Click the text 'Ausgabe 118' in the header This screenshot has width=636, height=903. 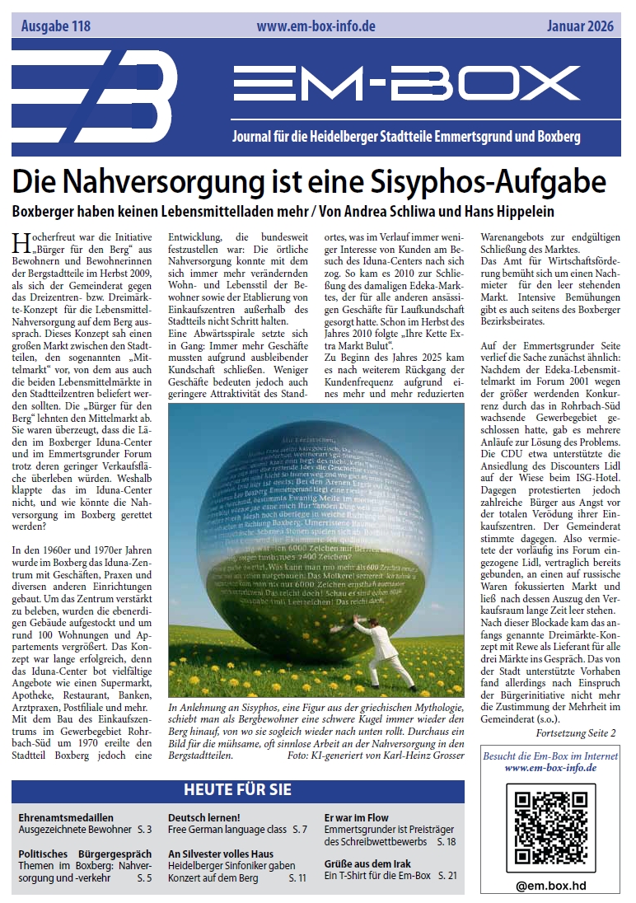pyautogui.click(x=55, y=26)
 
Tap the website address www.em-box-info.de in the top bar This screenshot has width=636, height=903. pyautogui.click(x=316, y=26)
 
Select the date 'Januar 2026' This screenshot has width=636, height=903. pyautogui.click(x=580, y=26)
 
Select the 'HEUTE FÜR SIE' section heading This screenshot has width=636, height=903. pyautogui.click(x=237, y=789)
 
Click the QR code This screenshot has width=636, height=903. pyautogui.click(x=550, y=825)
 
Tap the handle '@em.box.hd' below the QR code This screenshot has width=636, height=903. pyautogui.click(x=550, y=886)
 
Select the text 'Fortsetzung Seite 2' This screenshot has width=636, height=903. pyautogui.click(x=575, y=732)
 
